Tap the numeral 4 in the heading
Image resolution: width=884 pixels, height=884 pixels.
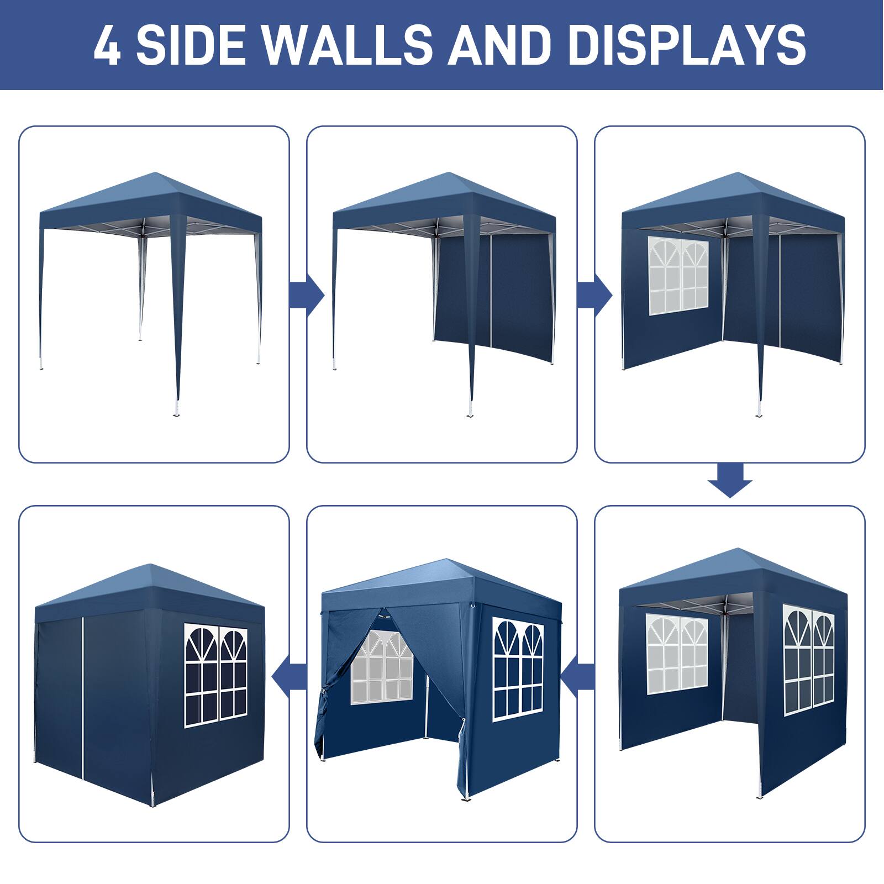(x=107, y=45)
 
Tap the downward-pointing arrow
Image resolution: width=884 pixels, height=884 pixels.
(x=730, y=480)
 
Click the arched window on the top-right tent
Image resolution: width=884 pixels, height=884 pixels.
(x=678, y=276)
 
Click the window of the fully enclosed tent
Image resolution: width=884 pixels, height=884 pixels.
(x=215, y=675)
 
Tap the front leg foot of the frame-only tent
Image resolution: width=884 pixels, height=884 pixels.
(x=177, y=412)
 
